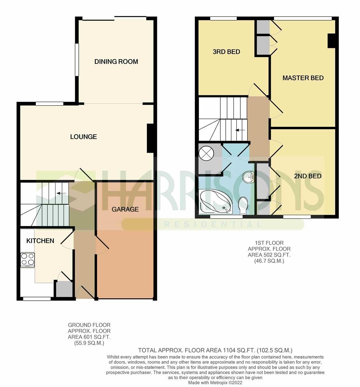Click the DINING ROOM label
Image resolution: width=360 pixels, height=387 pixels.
[116, 62]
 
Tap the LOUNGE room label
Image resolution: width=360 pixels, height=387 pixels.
[83, 137]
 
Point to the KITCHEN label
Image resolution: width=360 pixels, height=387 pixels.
[40, 241]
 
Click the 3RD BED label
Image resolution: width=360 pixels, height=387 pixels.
[226, 52]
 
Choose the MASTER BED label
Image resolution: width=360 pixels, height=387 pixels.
[303, 78]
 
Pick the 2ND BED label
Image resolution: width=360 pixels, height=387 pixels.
[308, 176]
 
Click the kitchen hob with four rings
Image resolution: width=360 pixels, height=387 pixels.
[28, 259]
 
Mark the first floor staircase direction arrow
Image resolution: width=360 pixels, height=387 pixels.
[241, 130]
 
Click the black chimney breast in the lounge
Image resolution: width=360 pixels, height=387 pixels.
[150, 138]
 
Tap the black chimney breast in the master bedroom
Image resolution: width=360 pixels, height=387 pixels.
[331, 40]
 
